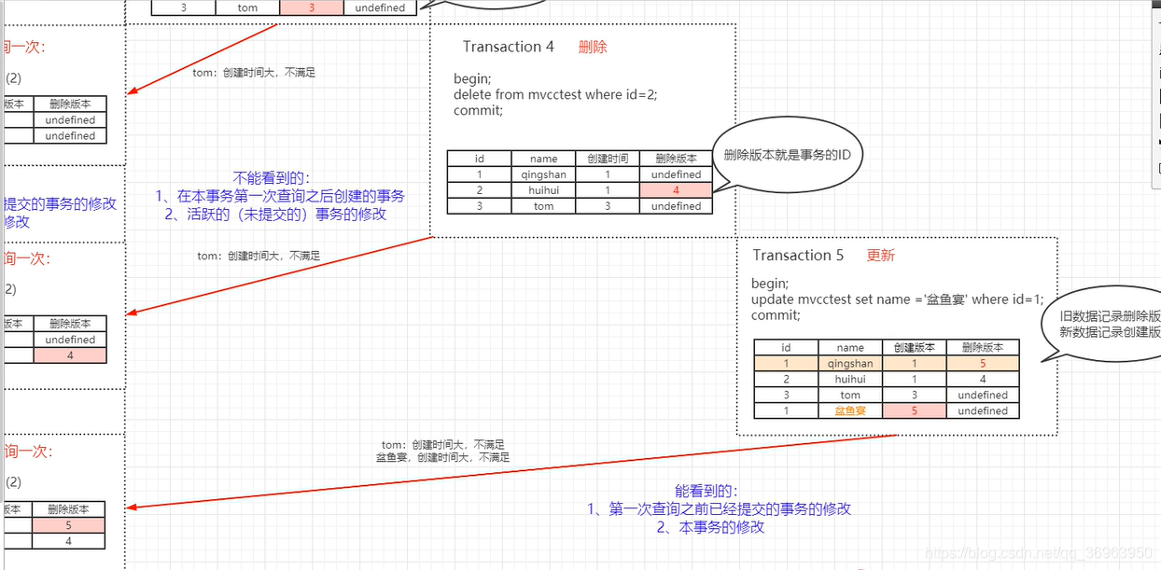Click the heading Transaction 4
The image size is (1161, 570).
point(509,47)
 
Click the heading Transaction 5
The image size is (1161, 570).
point(798,256)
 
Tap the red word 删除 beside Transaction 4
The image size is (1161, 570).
point(593,47)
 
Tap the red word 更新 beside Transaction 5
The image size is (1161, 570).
point(880,256)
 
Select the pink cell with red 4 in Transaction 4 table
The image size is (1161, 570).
point(676,190)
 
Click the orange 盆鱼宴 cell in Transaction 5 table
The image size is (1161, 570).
point(849,410)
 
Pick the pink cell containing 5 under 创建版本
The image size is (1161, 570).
point(914,410)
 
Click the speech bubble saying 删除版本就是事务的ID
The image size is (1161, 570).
point(786,155)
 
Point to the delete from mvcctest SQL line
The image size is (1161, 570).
point(562,95)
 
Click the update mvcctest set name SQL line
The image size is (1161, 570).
point(897,299)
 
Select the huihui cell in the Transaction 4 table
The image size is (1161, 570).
point(543,190)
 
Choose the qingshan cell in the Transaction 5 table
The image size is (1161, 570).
point(849,364)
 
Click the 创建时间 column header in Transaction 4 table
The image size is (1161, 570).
point(608,159)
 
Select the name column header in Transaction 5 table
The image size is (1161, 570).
point(849,348)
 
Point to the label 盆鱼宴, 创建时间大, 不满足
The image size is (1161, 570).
point(442,458)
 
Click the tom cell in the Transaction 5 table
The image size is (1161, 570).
point(849,396)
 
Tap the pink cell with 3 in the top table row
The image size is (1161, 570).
point(312,7)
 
